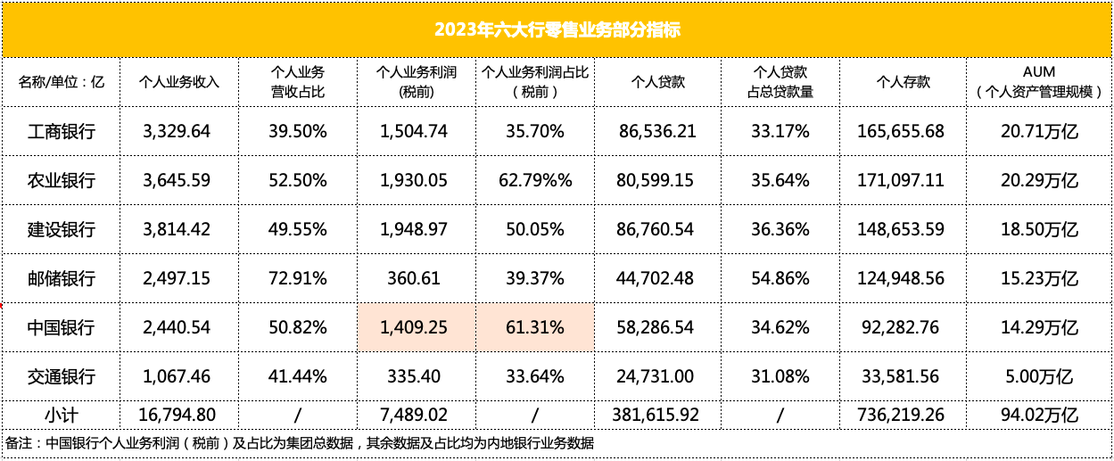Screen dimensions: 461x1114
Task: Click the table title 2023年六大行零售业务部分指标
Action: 557,29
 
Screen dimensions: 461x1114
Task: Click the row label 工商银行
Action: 62,132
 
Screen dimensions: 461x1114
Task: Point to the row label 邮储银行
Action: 62,279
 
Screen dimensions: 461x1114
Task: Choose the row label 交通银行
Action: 62,376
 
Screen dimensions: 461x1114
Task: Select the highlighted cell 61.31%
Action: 535,327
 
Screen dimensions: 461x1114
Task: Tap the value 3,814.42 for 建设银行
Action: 177,229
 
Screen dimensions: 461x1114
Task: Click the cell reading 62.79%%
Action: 535,181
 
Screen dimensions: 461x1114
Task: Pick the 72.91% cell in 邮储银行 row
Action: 298,279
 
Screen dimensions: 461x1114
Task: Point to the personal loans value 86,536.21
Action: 657,132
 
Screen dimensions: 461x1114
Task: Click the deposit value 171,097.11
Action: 900,181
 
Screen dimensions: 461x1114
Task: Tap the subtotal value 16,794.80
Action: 177,416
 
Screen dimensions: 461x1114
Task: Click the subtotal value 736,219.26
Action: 900,416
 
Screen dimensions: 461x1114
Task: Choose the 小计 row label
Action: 62,416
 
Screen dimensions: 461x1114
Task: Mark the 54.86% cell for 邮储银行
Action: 780,279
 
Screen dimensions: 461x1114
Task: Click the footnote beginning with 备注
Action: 300,443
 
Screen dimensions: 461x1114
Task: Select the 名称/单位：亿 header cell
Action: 62,82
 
